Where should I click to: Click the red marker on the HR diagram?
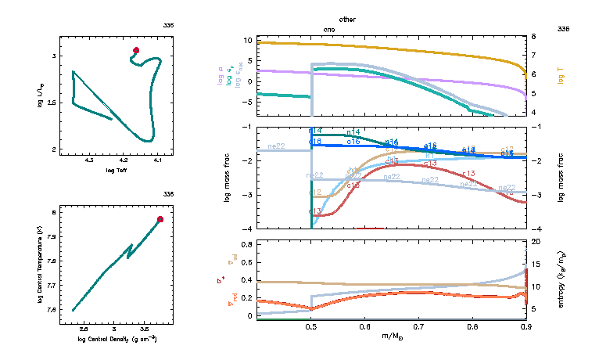pyautogui.click(x=136, y=50)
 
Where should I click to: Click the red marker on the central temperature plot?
pyautogui.click(x=160, y=219)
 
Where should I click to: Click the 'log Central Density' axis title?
pyautogui.click(x=117, y=339)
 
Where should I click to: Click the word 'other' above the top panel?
pyautogui.click(x=348, y=18)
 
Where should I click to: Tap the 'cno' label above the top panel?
pyautogui.click(x=330, y=29)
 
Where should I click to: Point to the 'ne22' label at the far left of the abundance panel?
pyautogui.click(x=277, y=146)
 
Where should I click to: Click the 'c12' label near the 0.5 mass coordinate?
pyautogui.click(x=315, y=192)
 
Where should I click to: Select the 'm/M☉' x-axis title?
pyautogui.click(x=391, y=337)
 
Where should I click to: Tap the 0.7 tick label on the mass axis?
pyautogui.click(x=418, y=327)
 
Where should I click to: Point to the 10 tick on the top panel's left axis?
pyautogui.click(x=247, y=40)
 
